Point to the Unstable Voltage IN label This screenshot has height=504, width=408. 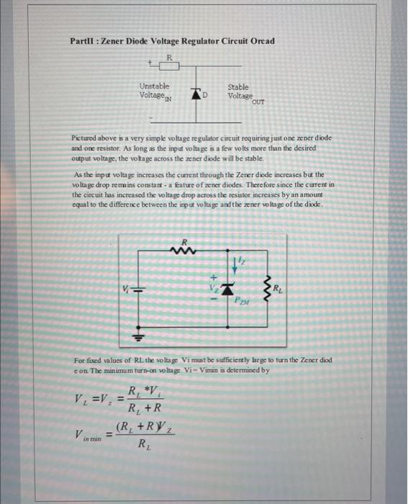157,91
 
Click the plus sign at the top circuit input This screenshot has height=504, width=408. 150,63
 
